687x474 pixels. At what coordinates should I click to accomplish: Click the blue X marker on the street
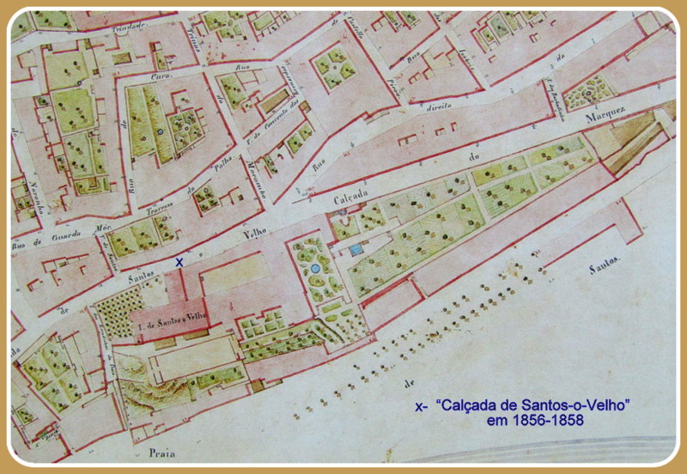point(179,262)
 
